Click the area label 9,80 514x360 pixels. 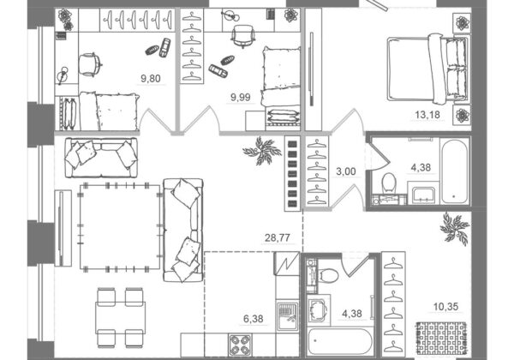pyautogui.click(x=151, y=78)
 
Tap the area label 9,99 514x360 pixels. pyautogui.click(x=241, y=97)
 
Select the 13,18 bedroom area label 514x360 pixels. pyautogui.click(x=427, y=115)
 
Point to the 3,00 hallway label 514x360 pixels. pyautogui.click(x=346, y=171)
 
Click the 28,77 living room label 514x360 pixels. pyautogui.click(x=278, y=237)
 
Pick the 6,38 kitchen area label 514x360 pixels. pyautogui.click(x=253, y=318)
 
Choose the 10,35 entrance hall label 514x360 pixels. pyautogui.click(x=445, y=307)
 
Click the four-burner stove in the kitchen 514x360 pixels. pyautogui.click(x=240, y=345)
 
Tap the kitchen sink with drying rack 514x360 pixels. pyautogui.click(x=288, y=315)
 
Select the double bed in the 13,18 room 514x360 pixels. pyautogui.click(x=427, y=69)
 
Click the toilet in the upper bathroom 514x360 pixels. pyautogui.click(x=389, y=183)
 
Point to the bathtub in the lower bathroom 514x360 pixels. pyautogui.click(x=339, y=342)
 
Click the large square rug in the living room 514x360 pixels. pyautogui.click(x=120, y=227)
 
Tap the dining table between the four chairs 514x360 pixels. pyautogui.click(x=120, y=318)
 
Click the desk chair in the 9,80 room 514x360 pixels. pyautogui.click(x=89, y=64)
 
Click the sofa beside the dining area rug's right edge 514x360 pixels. pyautogui.click(x=183, y=231)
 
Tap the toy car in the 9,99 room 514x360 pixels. pyautogui.click(x=218, y=71)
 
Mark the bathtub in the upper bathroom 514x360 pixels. pyautogui.click(x=454, y=171)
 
